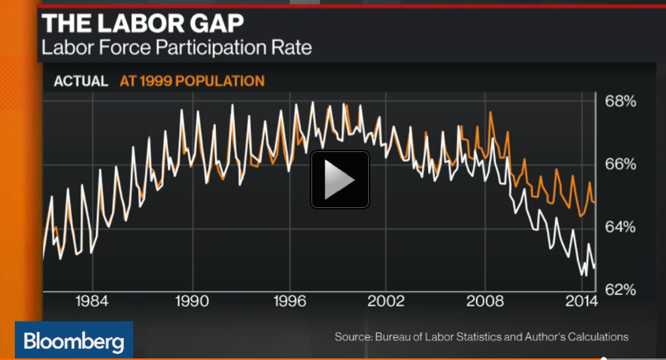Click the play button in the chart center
point(340,180)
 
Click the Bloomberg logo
point(73,342)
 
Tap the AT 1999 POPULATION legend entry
point(192,80)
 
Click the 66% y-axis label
point(620,164)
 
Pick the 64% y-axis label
point(620,227)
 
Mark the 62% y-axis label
point(620,289)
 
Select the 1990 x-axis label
point(192,302)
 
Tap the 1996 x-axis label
point(291,302)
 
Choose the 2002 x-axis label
point(389,302)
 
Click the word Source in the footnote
point(352,337)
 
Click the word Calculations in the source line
point(597,337)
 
